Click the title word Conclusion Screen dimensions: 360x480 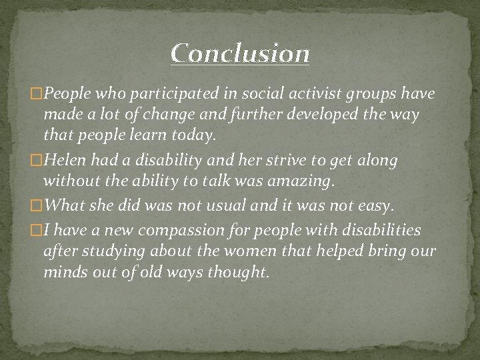[x=240, y=53]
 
